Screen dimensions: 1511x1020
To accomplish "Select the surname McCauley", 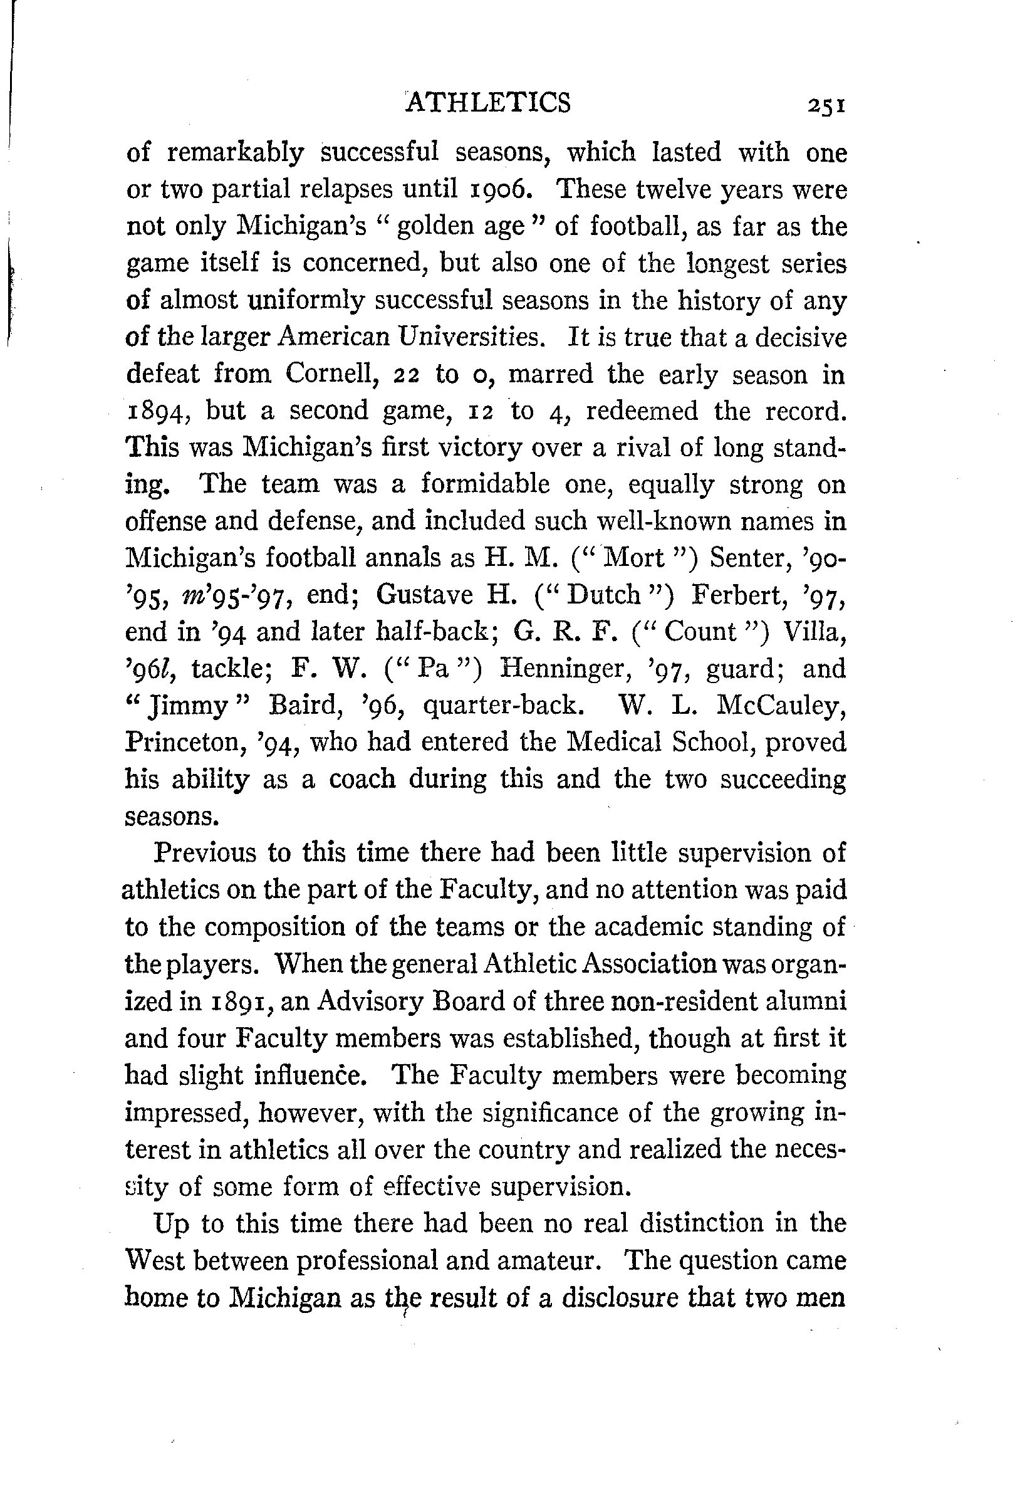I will (781, 706).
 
